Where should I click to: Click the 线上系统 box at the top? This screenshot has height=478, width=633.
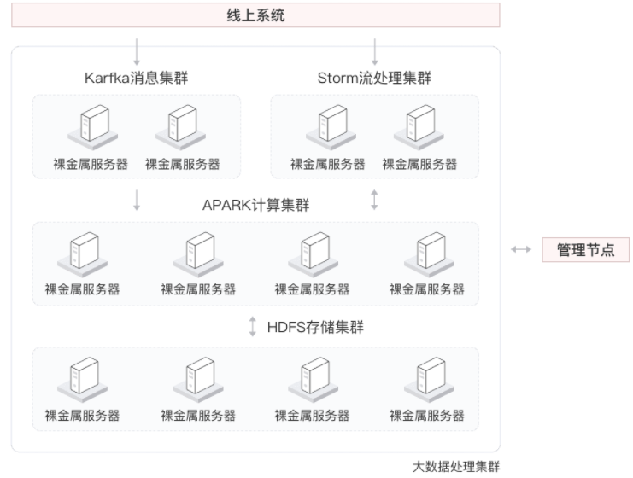tap(255, 15)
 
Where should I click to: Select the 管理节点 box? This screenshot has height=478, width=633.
tap(586, 250)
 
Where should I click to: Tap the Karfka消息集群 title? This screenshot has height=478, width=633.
tap(137, 79)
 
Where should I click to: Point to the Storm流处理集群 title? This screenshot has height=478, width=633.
tap(374, 79)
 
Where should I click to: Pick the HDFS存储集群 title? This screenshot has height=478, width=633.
tap(315, 326)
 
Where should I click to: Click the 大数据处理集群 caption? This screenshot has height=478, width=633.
tap(456, 466)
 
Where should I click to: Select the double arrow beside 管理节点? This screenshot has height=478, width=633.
tap(520, 250)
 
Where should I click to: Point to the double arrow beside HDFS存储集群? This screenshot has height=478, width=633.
tap(253, 327)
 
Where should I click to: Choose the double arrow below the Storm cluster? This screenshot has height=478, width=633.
tap(374, 201)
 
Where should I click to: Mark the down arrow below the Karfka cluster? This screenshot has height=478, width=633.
tap(137, 201)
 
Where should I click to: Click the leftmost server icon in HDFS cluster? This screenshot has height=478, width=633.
tap(82, 376)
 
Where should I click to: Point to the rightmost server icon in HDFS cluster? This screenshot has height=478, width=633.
tap(427, 376)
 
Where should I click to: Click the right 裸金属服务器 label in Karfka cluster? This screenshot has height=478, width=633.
tap(182, 164)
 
